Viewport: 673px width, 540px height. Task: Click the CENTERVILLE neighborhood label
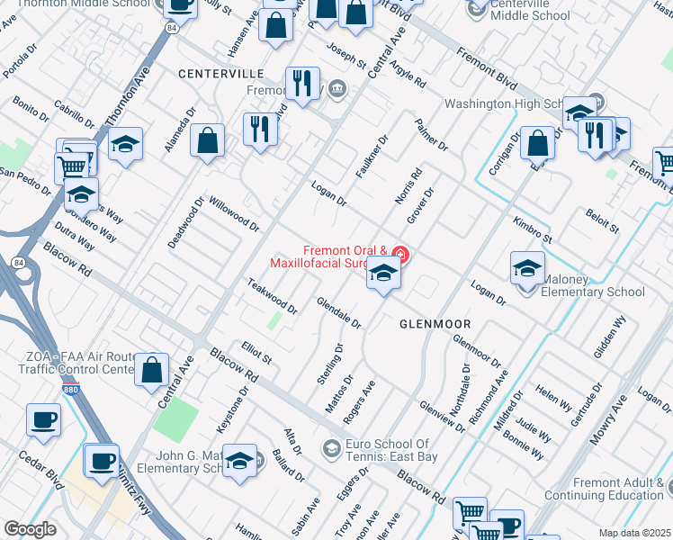coord(220,72)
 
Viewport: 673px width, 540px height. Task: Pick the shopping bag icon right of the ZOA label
coord(152,369)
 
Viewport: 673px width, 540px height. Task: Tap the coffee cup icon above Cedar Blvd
coord(43,420)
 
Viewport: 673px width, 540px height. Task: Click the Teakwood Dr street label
coord(272,296)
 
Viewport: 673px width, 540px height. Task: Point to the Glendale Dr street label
coord(338,311)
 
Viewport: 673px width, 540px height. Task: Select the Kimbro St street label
coord(532,230)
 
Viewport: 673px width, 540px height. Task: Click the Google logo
coord(30,529)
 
